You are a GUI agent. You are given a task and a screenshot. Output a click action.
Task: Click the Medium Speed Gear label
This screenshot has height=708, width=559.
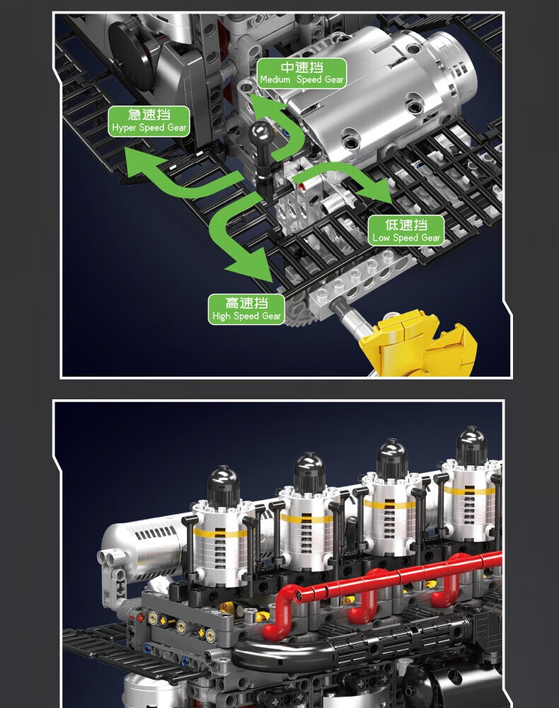(x=301, y=73)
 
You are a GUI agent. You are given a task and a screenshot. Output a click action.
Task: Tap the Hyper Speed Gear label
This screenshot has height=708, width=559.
(x=149, y=121)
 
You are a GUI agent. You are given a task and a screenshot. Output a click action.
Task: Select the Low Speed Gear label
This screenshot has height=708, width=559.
(x=406, y=231)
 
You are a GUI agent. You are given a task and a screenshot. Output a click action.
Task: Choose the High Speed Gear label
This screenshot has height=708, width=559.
(x=246, y=309)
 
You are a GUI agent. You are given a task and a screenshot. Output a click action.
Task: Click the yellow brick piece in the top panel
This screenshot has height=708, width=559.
(x=417, y=343)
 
